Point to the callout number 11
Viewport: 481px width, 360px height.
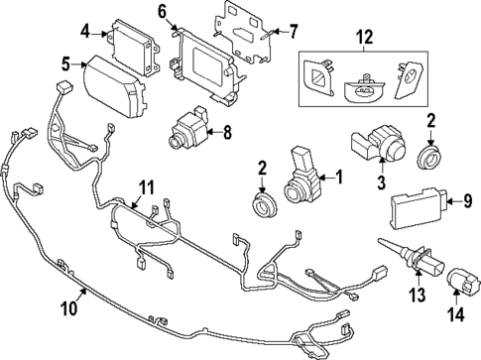(x=146, y=186)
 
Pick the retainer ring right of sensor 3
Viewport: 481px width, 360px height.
(x=430, y=157)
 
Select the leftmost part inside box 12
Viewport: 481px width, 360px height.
(x=319, y=78)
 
